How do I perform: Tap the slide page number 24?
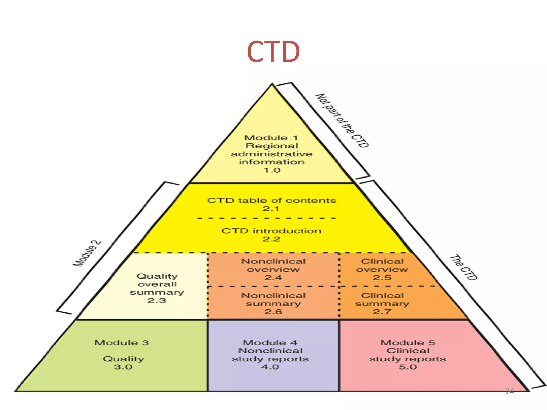pos(510,392)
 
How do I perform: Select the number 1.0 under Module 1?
pos(272,170)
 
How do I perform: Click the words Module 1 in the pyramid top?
pos(271,138)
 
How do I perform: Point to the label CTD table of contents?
pos(271,200)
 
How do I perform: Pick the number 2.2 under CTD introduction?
pos(271,239)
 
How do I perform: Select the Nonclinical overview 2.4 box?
pos(273,269)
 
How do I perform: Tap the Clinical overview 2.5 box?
pos(382,269)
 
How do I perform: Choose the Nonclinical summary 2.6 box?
pos(273,303)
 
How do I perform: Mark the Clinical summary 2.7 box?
pos(382,303)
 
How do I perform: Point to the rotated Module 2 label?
pos(87,253)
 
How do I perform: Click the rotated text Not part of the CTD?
pos(342,121)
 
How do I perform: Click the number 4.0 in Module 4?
pos(270,367)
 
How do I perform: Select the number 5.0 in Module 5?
pos(408,367)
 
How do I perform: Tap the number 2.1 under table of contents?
pos(271,209)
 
